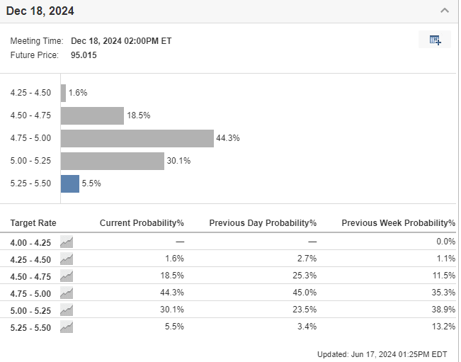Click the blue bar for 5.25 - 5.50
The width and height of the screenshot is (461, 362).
(x=70, y=183)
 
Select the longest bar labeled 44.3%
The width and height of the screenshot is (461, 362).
(x=137, y=138)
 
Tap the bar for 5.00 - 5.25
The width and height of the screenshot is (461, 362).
(x=113, y=161)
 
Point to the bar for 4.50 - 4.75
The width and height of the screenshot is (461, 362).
(x=93, y=115)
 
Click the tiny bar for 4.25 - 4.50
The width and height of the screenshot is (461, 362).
(x=64, y=93)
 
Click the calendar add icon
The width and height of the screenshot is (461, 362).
(x=435, y=40)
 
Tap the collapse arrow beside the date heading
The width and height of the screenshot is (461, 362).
(x=444, y=11)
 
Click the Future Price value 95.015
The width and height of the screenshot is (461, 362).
(x=84, y=55)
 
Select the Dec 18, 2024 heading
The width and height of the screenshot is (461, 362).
(x=40, y=11)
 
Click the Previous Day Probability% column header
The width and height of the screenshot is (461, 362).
(x=263, y=223)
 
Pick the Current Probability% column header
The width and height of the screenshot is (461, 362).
(x=142, y=223)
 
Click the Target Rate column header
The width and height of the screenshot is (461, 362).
(x=33, y=223)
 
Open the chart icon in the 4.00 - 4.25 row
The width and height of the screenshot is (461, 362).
(x=67, y=242)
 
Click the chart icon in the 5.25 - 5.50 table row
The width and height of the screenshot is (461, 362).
(x=67, y=327)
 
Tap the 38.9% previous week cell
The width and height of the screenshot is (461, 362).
(x=444, y=310)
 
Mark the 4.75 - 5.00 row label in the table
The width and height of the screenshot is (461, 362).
(x=31, y=293)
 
